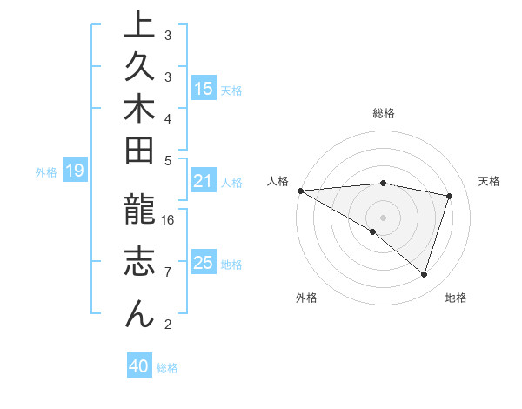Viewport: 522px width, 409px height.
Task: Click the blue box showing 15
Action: [x=203, y=88]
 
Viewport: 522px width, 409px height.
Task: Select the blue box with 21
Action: [x=203, y=181]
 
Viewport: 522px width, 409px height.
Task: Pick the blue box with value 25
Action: [x=203, y=262]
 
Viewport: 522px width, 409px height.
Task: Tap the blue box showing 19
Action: [x=74, y=171]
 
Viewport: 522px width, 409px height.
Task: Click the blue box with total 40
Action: [x=139, y=366]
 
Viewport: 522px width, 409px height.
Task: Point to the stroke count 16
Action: [x=169, y=219]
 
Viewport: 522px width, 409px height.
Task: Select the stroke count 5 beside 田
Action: [x=168, y=160]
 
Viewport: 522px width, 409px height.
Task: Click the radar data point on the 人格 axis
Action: [x=300, y=190]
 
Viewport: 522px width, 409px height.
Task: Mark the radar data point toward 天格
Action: [x=450, y=196]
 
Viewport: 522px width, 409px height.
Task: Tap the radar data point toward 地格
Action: [x=424, y=274]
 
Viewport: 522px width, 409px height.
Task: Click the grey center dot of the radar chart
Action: [x=383, y=217]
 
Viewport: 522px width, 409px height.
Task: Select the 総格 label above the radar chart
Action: [x=384, y=113]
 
